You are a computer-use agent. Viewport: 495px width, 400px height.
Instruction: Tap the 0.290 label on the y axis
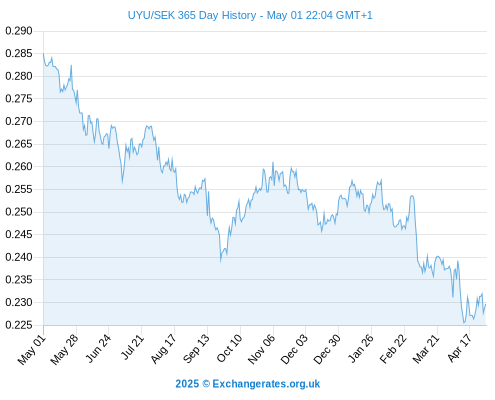click(x=19, y=31)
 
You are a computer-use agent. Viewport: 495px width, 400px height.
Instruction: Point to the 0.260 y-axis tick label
click(x=19, y=166)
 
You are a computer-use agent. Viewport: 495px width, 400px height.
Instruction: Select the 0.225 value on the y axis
click(x=19, y=325)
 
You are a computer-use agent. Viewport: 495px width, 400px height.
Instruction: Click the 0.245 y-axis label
click(x=19, y=234)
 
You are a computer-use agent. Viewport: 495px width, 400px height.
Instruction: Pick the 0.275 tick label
click(x=19, y=99)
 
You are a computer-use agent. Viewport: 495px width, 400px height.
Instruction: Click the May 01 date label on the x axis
click(x=31, y=349)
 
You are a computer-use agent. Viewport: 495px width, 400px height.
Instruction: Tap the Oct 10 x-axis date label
click(x=229, y=348)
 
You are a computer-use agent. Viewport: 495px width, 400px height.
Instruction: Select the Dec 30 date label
click(x=327, y=349)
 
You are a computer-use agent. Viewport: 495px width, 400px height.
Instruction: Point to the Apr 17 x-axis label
click(x=459, y=348)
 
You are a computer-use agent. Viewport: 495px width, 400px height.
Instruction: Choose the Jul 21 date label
click(x=133, y=347)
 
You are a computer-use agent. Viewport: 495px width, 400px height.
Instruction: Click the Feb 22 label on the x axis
click(x=393, y=349)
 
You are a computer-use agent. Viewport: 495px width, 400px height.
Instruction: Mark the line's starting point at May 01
click(x=43, y=54)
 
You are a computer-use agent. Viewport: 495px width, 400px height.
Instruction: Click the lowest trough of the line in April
click(x=464, y=323)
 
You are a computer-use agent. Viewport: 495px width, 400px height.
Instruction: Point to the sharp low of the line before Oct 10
click(x=221, y=261)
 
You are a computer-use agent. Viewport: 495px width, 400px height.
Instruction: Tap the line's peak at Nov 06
click(x=273, y=162)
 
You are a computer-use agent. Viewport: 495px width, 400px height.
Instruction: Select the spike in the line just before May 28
click(x=71, y=65)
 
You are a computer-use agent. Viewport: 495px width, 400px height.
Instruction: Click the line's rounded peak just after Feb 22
click(x=412, y=196)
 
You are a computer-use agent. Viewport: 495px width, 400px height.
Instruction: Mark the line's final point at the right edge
click(x=486, y=304)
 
